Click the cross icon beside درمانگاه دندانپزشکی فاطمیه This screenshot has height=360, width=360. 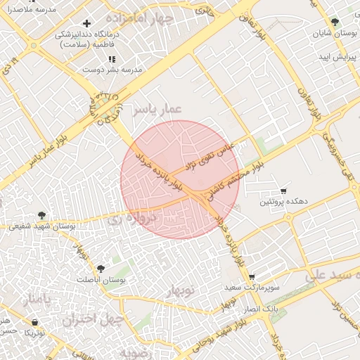pyautogui.click(x=86, y=24)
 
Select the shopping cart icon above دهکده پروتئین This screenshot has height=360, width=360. pyautogui.click(x=283, y=191)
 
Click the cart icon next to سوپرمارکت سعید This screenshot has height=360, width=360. pyautogui.click(x=252, y=277)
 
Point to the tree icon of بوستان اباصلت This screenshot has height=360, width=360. pyautogui.click(x=101, y=269)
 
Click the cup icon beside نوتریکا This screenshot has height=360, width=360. pyautogui.click(x=34, y=322)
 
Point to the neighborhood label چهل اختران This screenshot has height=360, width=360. pyautogui.click(x=91, y=320)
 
